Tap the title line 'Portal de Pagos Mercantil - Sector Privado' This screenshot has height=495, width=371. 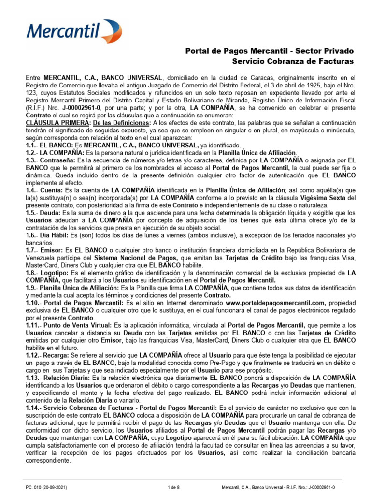click(x=270, y=51)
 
